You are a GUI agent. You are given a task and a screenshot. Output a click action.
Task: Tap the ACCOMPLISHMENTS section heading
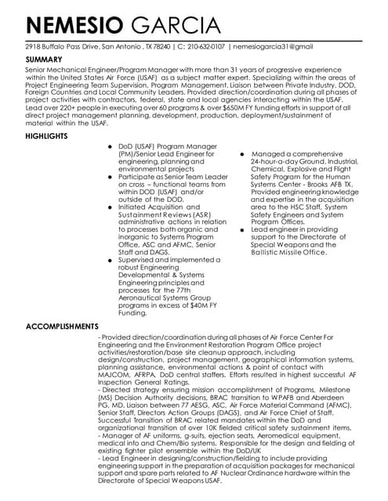click(x=62, y=326)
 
